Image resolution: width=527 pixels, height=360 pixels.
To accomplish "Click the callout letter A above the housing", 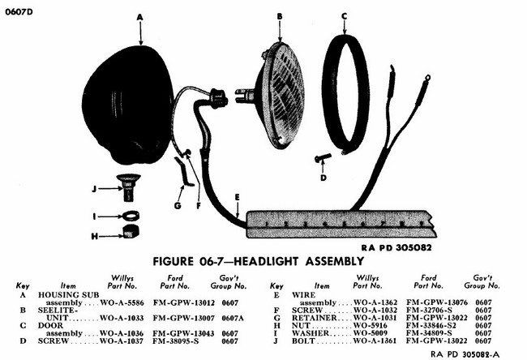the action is [x=139, y=17].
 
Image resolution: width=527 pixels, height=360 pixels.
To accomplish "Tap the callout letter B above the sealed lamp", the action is [x=280, y=16].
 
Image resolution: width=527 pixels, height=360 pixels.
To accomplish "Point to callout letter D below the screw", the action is [x=323, y=178].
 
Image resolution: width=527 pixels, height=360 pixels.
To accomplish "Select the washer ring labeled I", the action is [x=131, y=215].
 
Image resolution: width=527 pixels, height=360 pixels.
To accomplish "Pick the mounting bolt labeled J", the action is [x=128, y=186].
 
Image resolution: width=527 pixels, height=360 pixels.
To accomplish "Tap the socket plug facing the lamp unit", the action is [x=217, y=98].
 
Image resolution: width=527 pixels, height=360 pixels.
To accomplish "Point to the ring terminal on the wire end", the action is [x=427, y=79].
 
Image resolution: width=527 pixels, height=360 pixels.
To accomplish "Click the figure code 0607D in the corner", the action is [x=19, y=12].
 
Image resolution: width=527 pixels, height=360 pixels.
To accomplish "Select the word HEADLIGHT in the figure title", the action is [x=266, y=261].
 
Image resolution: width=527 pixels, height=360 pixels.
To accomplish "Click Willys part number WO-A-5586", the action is [x=122, y=303].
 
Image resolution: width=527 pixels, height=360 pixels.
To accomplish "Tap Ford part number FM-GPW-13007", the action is [x=184, y=318].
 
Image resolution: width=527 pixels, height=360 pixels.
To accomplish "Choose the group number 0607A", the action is [x=233, y=318].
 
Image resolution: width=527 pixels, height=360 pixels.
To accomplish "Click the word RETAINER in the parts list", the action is [x=314, y=318].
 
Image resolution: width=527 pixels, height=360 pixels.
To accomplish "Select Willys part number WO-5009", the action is [x=371, y=333].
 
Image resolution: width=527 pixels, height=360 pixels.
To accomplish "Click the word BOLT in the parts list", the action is [x=303, y=341].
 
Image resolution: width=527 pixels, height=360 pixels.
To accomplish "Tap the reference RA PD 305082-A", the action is [x=465, y=354].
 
